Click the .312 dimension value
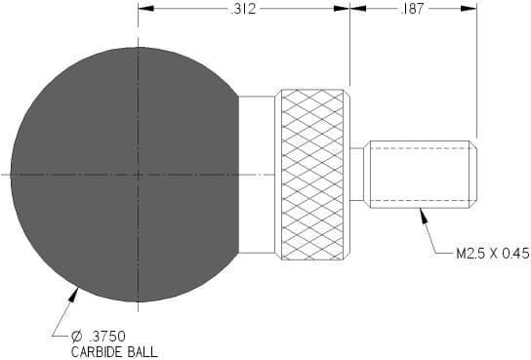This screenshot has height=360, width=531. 243,9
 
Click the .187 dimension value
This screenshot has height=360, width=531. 412,9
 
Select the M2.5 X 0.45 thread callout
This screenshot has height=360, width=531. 492,254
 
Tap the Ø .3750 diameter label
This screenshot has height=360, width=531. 99,337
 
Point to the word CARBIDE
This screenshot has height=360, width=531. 96,352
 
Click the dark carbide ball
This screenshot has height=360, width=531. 125,175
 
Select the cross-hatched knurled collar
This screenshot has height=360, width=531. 312,175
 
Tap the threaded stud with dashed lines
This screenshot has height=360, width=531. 421,175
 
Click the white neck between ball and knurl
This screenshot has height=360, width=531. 257,175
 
